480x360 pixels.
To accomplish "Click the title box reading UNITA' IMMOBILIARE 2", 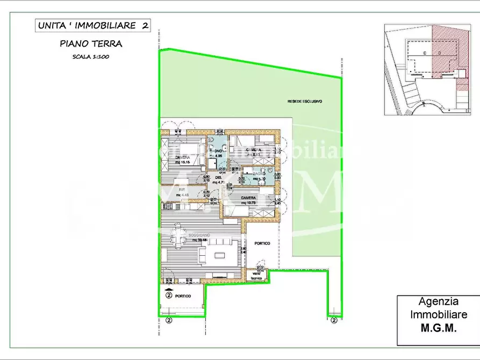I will coord(92,25).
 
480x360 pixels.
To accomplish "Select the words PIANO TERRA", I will coord(91,44).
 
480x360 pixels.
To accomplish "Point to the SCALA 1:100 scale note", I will coord(91,56).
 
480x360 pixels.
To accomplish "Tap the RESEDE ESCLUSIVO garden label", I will coord(300,101).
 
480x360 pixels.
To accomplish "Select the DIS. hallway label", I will coord(218,177).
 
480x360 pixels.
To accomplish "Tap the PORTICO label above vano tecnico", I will coord(263,244).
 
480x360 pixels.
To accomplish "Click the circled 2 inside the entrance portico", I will coord(168,295).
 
